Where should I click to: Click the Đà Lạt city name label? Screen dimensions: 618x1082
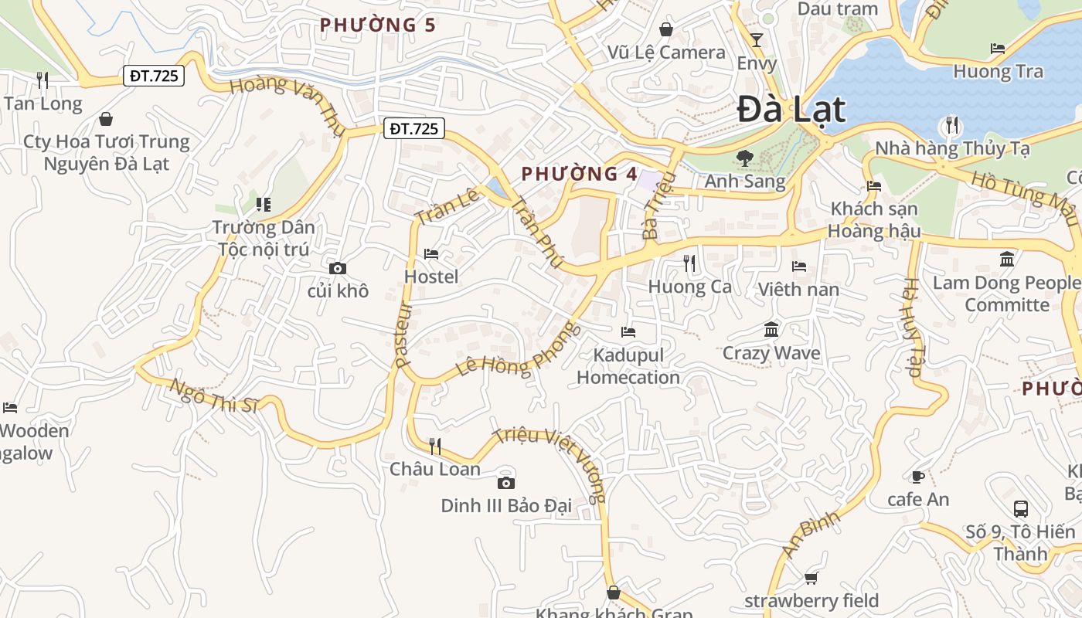[x=791, y=109]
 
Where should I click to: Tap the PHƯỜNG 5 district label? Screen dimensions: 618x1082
[x=378, y=25]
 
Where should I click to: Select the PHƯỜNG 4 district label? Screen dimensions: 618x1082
[x=580, y=173]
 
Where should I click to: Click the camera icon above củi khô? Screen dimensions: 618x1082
[x=338, y=268]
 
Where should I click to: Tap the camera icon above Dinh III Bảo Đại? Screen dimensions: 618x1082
[x=505, y=483]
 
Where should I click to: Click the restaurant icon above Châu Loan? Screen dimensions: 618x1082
[x=435, y=446]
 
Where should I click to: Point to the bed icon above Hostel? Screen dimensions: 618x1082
[x=431, y=253]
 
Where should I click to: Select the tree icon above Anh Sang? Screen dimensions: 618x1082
[x=744, y=158]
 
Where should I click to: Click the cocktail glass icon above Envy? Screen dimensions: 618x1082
[x=757, y=40]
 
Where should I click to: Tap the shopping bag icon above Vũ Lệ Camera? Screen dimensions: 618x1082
[x=665, y=29]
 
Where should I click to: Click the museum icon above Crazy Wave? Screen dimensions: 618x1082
[x=771, y=330]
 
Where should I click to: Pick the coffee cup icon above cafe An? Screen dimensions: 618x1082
[x=918, y=477]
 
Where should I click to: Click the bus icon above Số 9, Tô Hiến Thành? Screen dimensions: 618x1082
[x=1020, y=508]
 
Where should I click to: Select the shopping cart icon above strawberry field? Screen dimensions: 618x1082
[x=811, y=578]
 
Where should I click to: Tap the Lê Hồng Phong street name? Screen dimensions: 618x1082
[x=518, y=349]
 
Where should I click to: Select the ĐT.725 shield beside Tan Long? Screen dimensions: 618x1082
[x=153, y=76]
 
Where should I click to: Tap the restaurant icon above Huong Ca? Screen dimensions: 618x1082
[x=689, y=263]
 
